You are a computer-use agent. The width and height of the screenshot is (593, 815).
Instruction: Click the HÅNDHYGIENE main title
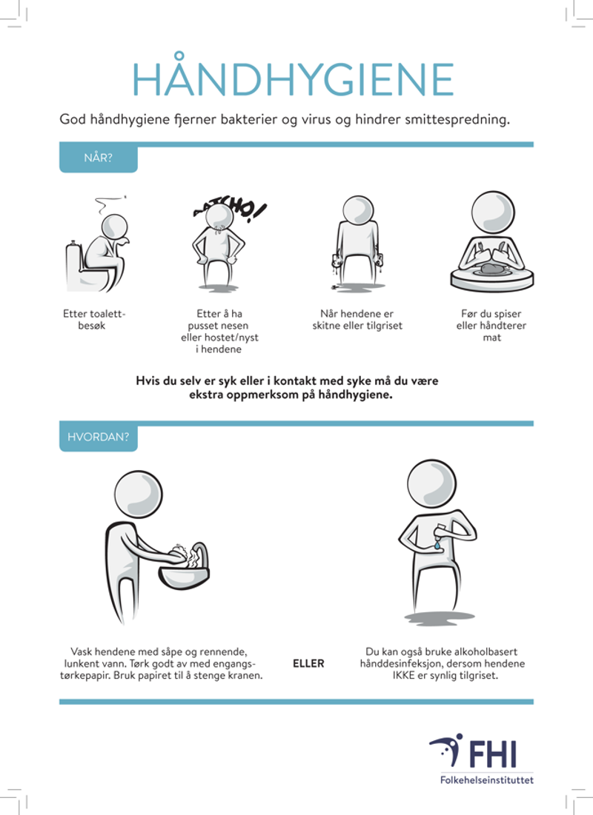(x=293, y=77)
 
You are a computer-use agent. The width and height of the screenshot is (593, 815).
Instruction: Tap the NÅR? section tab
(x=99, y=158)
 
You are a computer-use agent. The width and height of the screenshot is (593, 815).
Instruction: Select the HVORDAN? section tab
(x=99, y=437)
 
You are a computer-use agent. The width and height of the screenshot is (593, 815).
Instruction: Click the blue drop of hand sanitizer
(x=437, y=546)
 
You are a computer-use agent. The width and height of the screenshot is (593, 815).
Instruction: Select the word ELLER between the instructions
(x=308, y=664)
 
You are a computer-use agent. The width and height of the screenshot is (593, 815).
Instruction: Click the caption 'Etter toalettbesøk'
(x=93, y=320)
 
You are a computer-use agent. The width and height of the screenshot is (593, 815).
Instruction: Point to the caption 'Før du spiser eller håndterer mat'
(x=491, y=326)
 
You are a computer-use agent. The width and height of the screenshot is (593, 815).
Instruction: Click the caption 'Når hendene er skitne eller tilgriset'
(x=357, y=320)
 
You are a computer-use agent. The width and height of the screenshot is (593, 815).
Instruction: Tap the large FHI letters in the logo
(x=492, y=755)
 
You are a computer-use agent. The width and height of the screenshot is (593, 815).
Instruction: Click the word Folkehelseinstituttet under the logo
(x=487, y=779)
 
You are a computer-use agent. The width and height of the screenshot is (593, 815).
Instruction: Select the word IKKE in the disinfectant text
(x=403, y=676)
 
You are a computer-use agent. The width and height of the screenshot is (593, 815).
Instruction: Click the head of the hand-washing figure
(x=138, y=494)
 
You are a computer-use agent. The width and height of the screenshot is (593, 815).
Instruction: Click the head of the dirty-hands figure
(x=358, y=210)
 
